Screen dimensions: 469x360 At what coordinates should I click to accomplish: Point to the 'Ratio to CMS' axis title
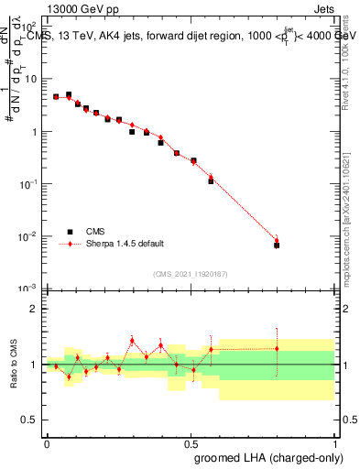pyautogui.click(x=14, y=365)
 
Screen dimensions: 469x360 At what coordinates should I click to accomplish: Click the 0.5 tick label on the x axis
pyautogui.click(x=191, y=442)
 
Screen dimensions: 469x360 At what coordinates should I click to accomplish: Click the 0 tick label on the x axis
pyautogui.click(x=47, y=442)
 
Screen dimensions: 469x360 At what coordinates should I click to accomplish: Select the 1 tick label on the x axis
pyautogui.click(x=334, y=442)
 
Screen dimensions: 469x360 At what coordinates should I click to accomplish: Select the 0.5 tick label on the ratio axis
pyautogui.click(x=31, y=420)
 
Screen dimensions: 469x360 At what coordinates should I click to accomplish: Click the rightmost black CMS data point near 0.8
pyautogui.click(x=277, y=245)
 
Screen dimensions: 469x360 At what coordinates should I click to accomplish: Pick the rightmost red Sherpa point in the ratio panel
pyautogui.click(x=277, y=348)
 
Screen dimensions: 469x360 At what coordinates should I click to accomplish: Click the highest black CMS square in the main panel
pyautogui.click(x=69, y=94)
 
